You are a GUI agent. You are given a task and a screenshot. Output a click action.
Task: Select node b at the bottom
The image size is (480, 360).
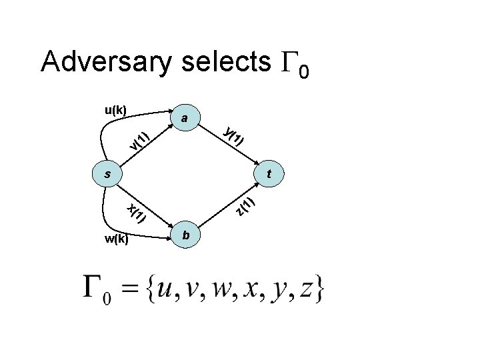coord(187,235)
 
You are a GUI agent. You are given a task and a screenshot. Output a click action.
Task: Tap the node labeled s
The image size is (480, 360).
coord(107,175)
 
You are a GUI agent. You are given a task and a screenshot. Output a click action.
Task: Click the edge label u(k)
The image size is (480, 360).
coord(117,109)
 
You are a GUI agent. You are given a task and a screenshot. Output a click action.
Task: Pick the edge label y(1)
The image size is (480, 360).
coord(235,135)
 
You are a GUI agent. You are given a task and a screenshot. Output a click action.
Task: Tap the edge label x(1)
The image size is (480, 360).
coord(136,212)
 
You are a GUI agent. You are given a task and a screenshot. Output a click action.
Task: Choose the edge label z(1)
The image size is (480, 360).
coord(245,206)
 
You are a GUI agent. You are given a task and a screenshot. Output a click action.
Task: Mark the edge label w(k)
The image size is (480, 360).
coord(117,239)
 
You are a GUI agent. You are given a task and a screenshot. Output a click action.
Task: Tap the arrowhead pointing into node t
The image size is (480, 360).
coord(259,163)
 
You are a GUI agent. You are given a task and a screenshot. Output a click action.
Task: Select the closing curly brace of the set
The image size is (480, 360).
coord(321,287)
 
